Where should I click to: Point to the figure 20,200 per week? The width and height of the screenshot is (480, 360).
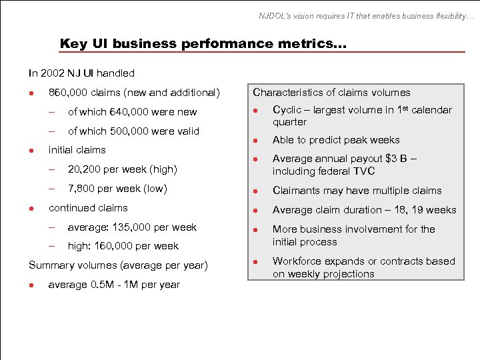pos(84,169)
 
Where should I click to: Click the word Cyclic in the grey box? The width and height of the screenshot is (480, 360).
pos(287,110)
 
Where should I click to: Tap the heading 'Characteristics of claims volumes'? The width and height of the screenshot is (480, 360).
pos(331,93)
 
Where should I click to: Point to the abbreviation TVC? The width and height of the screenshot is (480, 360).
pos(364,171)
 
